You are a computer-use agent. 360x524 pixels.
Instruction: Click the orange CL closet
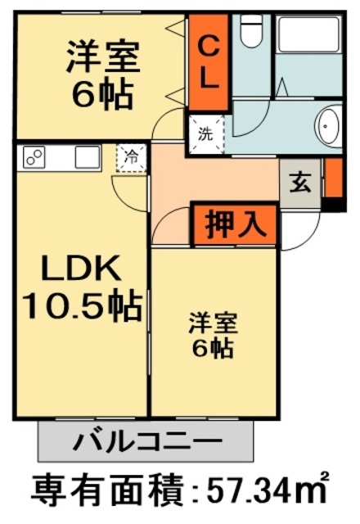(x=209, y=62)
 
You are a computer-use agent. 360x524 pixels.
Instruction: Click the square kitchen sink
(x=87, y=156)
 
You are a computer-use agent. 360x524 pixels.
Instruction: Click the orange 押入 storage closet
(x=234, y=224)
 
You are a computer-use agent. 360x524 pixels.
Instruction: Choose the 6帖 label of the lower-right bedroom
(x=212, y=349)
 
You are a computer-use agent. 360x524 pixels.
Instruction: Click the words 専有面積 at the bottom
(x=106, y=491)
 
